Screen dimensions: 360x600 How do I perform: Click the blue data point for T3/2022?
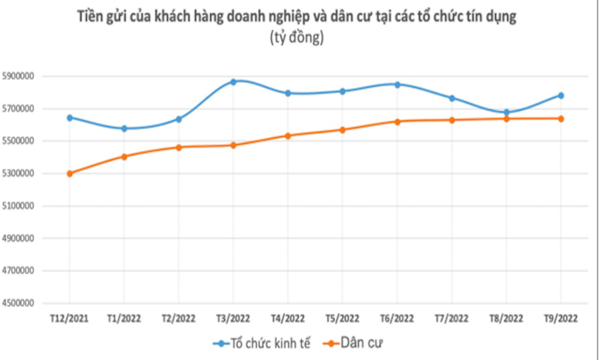coord(233,82)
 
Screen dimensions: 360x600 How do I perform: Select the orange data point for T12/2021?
coord(70,173)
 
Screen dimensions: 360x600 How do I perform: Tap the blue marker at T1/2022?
coord(124,129)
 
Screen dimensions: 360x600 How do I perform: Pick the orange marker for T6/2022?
coord(397,121)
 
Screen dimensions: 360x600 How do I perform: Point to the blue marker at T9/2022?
coord(561,95)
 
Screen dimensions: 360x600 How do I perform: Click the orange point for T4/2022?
coord(288,135)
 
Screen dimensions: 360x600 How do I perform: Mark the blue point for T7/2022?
coord(451,98)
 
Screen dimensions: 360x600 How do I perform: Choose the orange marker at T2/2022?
coord(179,147)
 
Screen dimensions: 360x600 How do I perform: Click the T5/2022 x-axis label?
coord(342,318)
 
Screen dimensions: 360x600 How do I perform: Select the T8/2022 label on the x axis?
coord(506,318)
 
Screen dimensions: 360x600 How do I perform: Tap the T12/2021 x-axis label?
coord(70,318)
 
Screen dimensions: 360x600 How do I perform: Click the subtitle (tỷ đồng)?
coord(297,38)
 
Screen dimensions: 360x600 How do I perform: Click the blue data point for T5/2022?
coord(342,91)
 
